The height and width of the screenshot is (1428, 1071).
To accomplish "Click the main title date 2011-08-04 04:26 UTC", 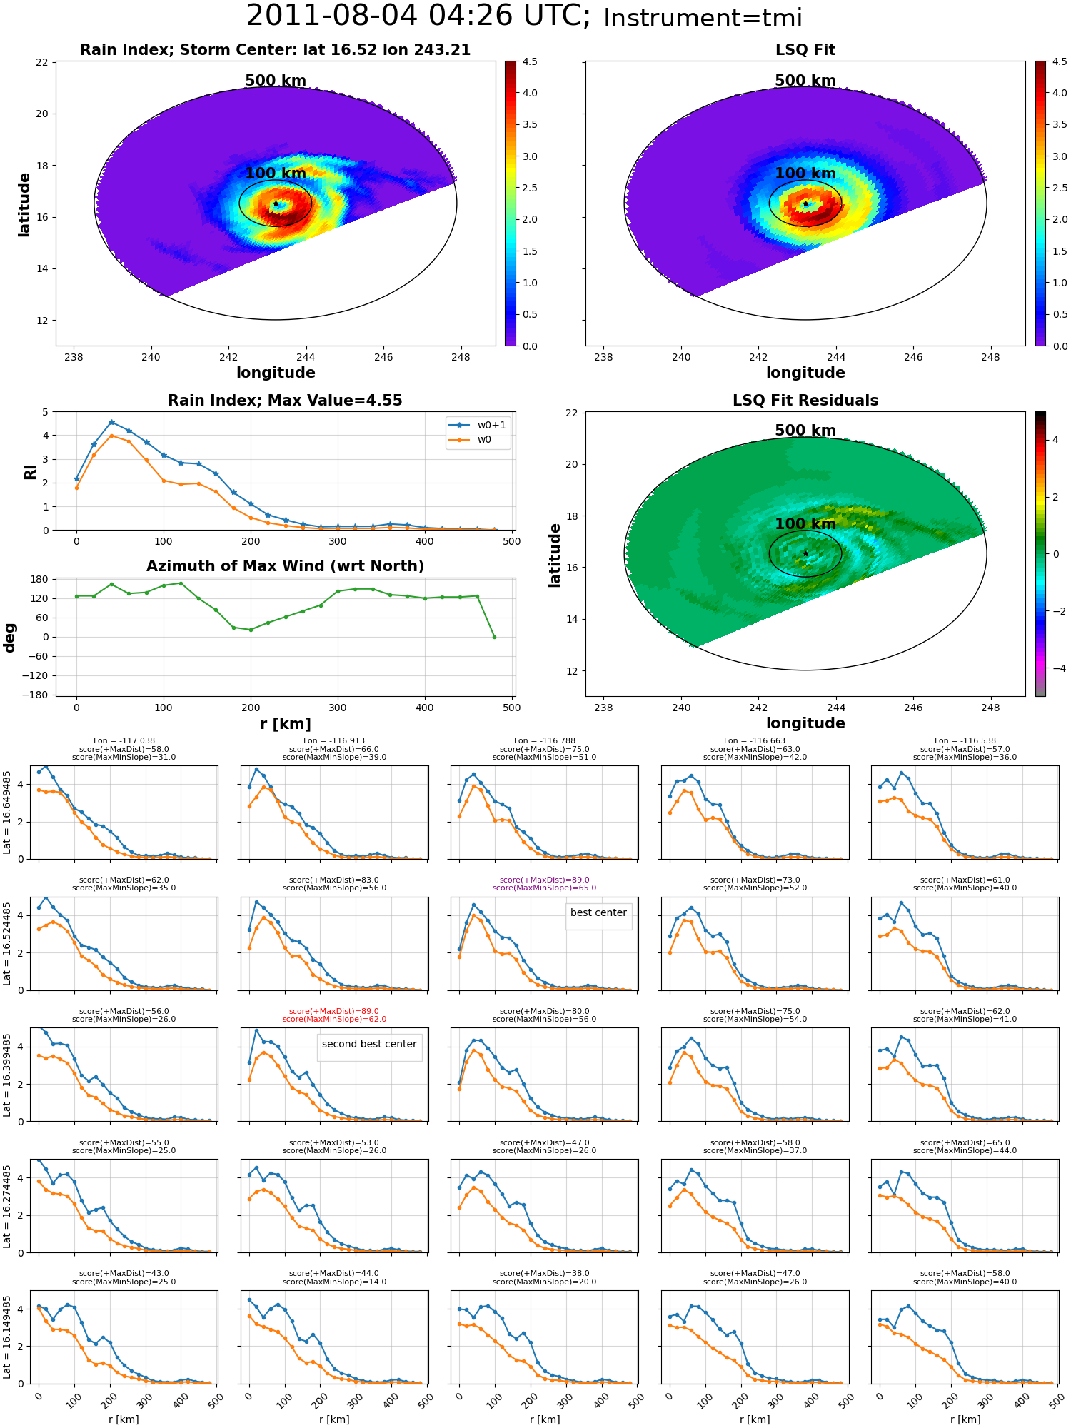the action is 418,16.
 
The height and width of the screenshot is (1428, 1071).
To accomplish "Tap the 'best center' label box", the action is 598,913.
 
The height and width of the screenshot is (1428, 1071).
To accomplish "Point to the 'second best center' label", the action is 369,1044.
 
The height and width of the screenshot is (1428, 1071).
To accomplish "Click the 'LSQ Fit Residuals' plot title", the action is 805,401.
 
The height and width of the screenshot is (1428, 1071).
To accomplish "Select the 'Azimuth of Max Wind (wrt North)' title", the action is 285,566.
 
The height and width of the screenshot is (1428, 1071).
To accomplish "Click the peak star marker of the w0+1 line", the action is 111,423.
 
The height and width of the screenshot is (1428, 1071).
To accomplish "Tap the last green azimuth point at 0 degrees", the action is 494,637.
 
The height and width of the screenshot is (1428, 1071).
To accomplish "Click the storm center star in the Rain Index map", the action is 276,204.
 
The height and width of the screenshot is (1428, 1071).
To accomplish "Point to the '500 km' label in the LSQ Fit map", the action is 805,81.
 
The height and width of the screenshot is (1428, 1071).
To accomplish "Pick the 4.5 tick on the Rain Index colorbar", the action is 530,62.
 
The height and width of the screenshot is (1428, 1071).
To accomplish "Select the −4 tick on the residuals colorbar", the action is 1056,668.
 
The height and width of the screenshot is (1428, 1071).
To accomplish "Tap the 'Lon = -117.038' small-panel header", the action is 124,741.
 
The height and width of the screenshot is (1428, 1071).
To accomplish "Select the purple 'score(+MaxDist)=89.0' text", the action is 544,880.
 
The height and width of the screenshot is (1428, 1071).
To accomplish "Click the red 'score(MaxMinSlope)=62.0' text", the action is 334,1020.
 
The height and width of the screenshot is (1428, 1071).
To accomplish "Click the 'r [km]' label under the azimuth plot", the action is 285,724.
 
